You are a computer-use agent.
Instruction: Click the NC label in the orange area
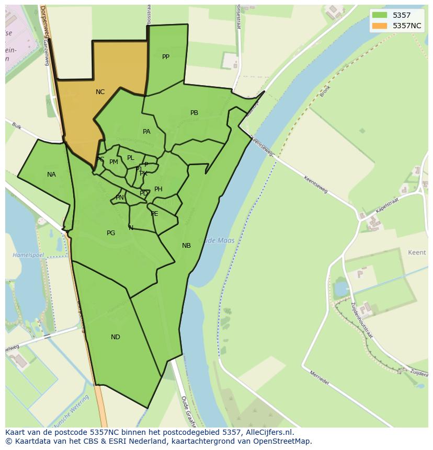100,92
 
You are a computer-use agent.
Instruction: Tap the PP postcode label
166,57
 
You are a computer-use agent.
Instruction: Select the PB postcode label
194,113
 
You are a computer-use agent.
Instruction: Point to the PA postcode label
146,132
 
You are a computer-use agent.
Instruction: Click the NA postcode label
51,175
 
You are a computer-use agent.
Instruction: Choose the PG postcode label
111,233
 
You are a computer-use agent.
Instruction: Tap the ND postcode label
116,337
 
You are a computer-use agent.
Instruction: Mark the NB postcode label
186,246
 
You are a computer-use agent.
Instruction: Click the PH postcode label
158,189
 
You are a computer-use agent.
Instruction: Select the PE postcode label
154,214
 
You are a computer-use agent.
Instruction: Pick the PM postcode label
113,162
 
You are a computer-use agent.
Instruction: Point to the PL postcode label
131,158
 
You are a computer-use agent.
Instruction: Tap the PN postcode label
120,198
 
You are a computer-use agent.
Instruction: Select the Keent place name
417,252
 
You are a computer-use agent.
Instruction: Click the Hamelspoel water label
28,255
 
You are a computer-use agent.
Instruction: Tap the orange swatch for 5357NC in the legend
380,26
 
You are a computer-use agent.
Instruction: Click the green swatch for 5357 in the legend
380,15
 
